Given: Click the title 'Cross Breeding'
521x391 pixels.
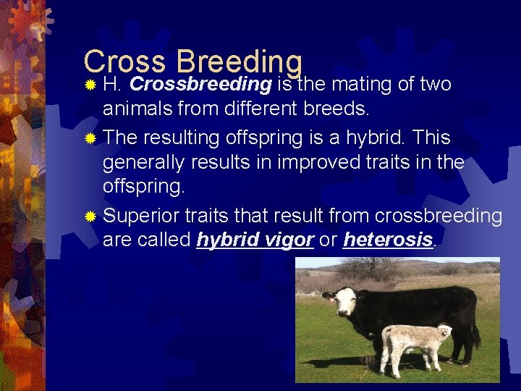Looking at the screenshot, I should pos(192,62).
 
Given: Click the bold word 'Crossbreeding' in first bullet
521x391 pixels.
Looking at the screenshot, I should pos(200,85).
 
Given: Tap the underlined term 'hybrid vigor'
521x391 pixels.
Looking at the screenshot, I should pos(255,240).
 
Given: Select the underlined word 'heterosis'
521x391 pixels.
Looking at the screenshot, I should pos(387,240).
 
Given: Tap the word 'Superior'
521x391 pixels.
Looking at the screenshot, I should pos(142,216).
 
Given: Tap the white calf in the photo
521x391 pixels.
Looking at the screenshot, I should pos(412,346).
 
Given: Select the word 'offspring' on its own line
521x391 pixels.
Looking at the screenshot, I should pos(143,188).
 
